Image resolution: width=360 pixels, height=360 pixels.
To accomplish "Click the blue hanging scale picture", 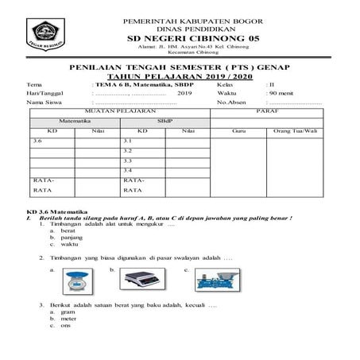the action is point(78,281).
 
